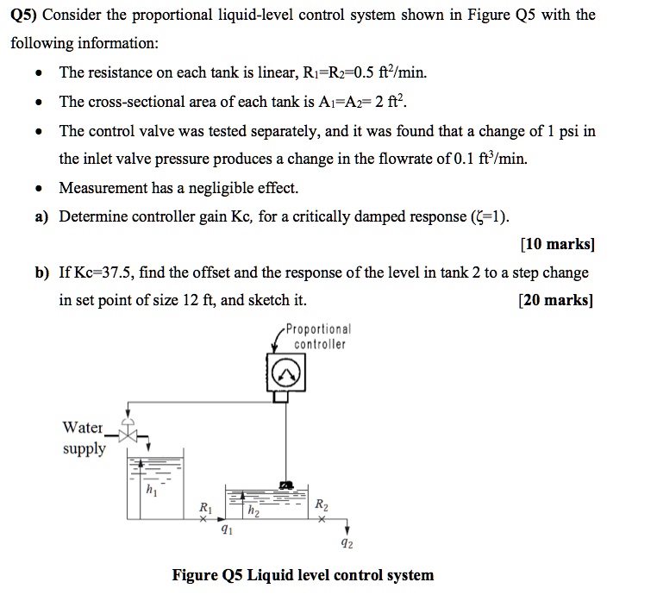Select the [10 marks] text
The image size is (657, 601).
(x=558, y=244)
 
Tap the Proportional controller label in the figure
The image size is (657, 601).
(x=318, y=337)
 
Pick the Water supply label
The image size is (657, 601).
(x=83, y=438)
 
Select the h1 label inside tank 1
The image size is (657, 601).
(x=152, y=492)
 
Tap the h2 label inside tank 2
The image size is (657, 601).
(x=253, y=512)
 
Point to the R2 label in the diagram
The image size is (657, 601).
(x=321, y=505)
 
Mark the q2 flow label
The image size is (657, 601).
(x=347, y=544)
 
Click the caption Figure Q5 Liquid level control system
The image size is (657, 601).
(x=303, y=575)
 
